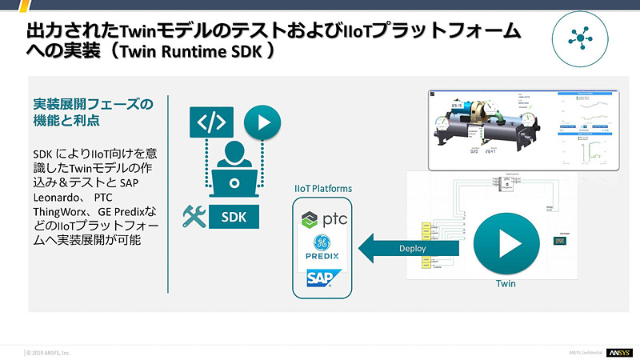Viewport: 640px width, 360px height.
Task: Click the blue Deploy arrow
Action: point(404,248)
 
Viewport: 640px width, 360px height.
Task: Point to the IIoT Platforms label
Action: point(322,189)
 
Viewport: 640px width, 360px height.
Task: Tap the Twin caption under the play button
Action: point(506,285)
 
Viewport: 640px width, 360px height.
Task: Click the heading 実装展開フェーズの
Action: point(91,104)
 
